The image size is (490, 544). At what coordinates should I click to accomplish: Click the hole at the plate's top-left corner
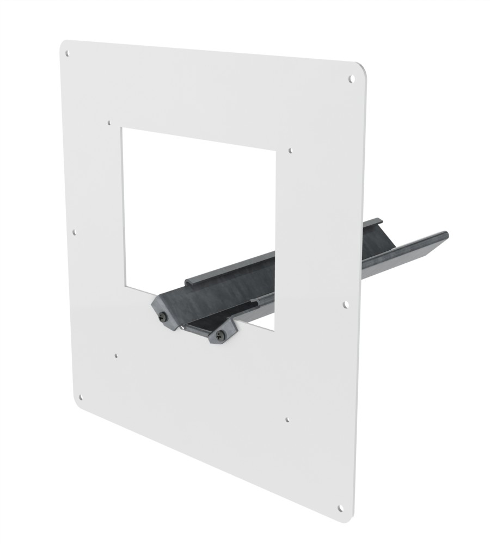coord(68,54)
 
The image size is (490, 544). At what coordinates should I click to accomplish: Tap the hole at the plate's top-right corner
coord(351,78)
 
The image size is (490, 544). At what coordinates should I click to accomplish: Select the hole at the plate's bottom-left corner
coord(81,398)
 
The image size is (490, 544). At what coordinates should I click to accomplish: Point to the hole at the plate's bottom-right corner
coord(340,509)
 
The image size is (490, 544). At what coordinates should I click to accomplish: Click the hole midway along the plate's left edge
coord(75,232)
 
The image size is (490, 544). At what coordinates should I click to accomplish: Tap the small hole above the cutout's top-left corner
coord(110,123)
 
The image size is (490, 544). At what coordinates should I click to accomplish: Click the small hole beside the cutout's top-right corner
coord(291,148)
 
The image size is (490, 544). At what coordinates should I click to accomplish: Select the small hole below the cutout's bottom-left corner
coord(116,356)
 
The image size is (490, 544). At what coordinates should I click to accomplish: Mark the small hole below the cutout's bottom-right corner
coord(287,419)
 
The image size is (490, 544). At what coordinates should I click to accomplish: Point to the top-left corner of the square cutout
coord(122,129)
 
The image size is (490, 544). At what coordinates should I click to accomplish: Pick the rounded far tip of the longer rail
coord(445,234)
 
